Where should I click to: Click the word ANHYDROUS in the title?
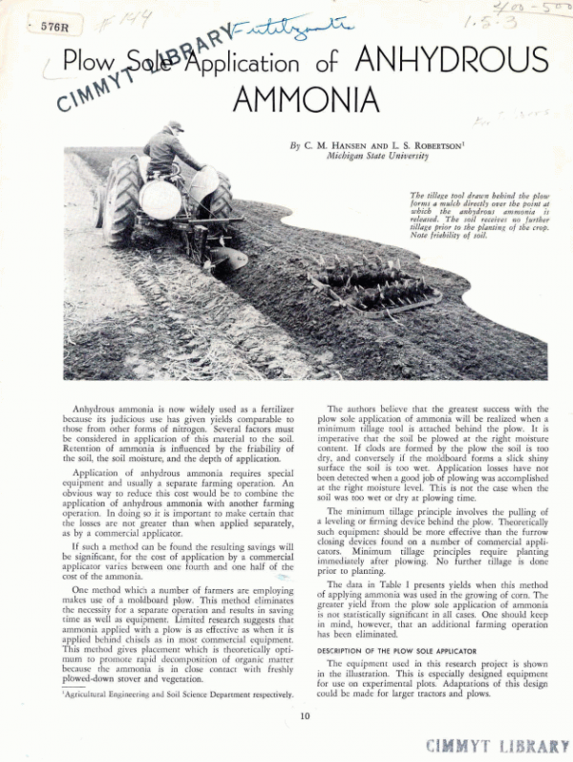pos(451,61)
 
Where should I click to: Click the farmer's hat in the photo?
pos(174,125)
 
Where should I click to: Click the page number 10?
pos(305,715)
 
